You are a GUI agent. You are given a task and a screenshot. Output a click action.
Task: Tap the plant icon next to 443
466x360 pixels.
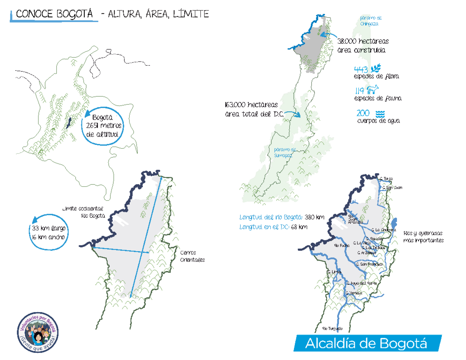click(376, 69)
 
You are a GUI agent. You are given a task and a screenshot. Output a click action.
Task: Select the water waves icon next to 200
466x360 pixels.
click(381, 114)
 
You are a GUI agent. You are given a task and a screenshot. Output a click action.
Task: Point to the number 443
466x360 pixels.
click(361, 70)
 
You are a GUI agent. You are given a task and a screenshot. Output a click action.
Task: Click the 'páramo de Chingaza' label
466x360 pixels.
click(371, 21)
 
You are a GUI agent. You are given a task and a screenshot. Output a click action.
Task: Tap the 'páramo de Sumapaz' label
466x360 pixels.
click(285, 152)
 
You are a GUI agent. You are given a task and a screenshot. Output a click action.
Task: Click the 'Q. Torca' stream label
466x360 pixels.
click(386, 179)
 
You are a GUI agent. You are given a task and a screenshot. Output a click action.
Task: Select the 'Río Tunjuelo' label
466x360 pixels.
click(332, 329)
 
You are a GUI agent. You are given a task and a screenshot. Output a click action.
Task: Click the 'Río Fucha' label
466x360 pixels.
click(342, 245)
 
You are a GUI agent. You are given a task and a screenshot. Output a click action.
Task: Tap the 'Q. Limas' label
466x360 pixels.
click(334, 272)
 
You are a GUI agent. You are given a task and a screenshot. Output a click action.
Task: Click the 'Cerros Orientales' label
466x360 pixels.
click(192, 255)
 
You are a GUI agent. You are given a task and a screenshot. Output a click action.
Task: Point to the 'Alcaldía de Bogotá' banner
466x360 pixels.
click(366, 343)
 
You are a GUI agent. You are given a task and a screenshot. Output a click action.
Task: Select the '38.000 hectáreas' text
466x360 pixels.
click(363, 41)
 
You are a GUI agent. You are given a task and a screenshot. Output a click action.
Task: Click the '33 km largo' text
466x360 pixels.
click(47, 228)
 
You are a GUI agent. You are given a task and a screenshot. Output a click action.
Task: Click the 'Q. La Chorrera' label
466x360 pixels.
click(383, 230)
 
